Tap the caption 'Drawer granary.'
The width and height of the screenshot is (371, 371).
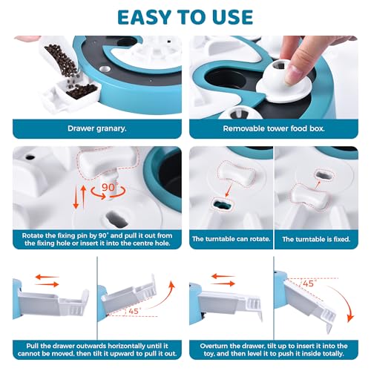pos(97,128)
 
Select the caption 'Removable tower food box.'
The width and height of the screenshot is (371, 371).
pos(274,128)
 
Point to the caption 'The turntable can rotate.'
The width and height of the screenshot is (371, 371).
pos(231,239)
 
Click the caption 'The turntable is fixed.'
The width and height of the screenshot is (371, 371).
pos(316,239)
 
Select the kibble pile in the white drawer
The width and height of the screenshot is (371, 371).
pos(82,91)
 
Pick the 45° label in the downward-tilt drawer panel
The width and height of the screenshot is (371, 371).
pos(308,283)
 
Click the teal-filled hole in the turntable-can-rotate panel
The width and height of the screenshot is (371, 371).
pos(222,205)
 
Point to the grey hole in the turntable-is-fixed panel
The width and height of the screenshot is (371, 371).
pos(324,175)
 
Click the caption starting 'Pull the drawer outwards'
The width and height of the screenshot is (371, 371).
pos(97,349)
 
